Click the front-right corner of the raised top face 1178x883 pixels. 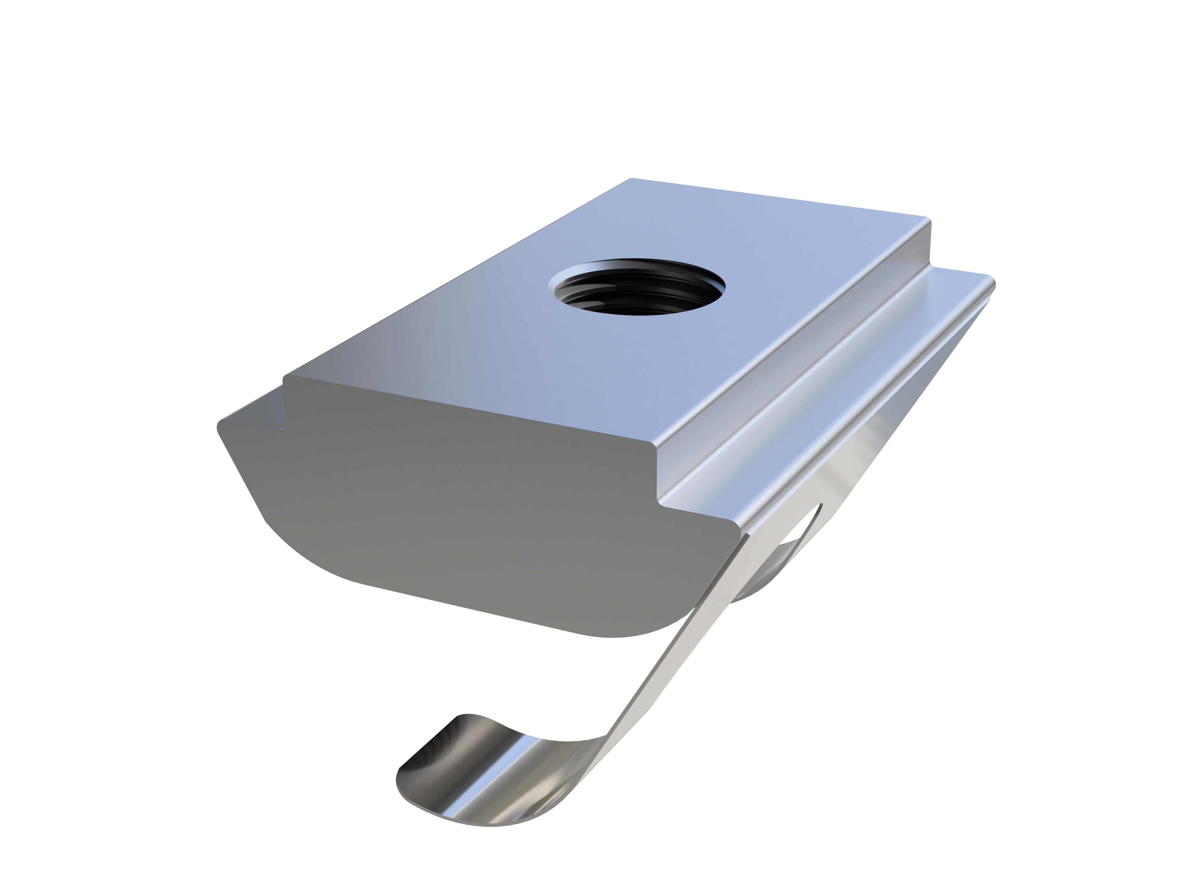pos(652,442)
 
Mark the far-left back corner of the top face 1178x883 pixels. pos(631,179)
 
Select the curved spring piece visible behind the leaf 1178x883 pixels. pos(767,580)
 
